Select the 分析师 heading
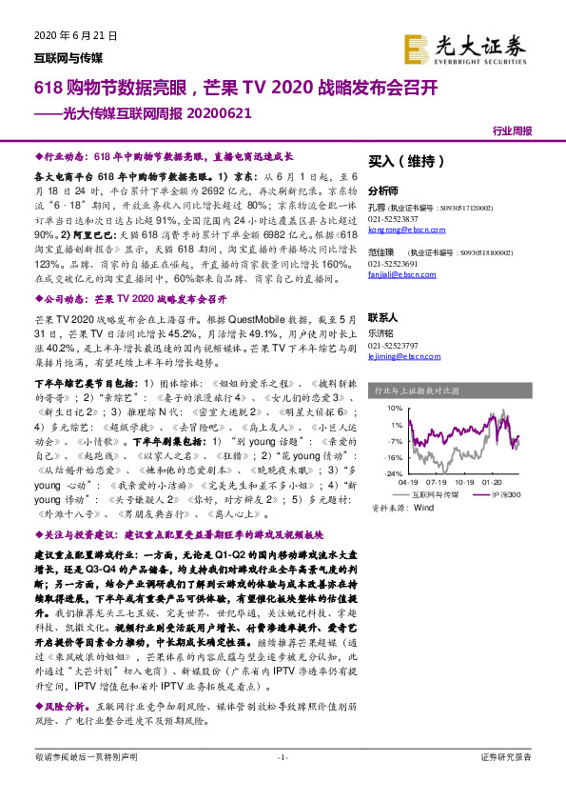[383, 190]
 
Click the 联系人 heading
[383, 317]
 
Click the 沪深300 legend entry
[501, 496]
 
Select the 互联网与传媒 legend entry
[432, 496]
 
